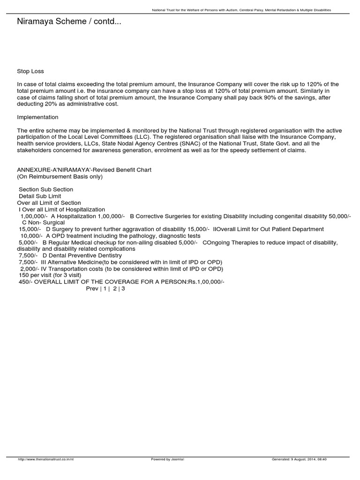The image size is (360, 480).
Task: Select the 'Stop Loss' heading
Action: [30, 71]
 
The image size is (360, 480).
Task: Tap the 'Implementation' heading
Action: [38, 117]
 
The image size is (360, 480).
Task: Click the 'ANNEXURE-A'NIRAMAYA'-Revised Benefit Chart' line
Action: [84, 170]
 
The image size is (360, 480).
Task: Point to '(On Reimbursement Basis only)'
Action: [60, 177]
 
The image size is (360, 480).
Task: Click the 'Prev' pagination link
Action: [92, 289]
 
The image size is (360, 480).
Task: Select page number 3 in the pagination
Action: [123, 289]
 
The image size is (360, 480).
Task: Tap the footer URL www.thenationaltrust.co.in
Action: [46, 459]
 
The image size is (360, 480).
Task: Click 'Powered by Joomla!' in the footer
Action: [167, 459]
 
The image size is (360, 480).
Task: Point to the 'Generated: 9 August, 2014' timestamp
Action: [299, 459]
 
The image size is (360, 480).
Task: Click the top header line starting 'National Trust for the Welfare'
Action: [242, 10]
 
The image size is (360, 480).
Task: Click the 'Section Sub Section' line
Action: [46, 189]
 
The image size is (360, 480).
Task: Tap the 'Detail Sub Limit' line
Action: [40, 196]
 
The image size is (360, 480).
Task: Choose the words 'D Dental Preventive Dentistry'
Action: [82, 255]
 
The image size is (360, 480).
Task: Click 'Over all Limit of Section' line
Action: [49, 203]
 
